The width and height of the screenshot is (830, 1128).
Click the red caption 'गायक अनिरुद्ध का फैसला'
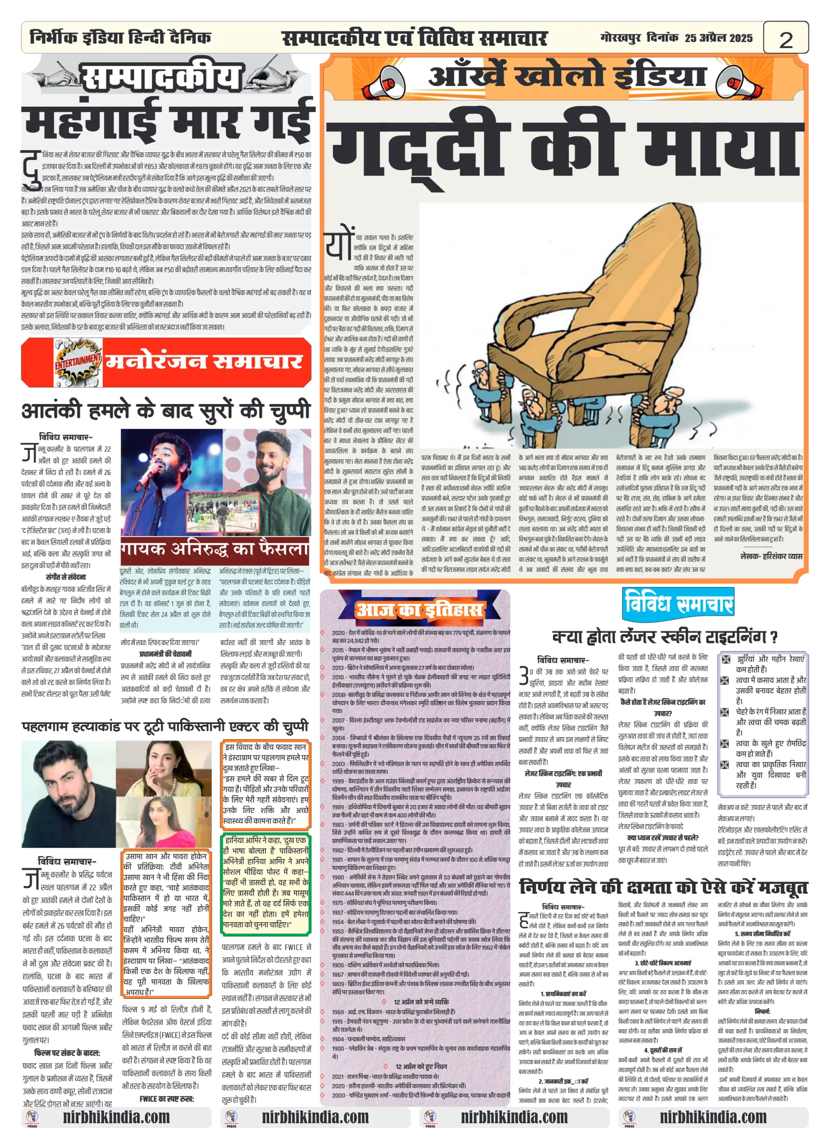pos(215,549)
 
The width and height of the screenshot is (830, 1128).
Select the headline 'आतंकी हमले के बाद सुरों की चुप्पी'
pos(166,411)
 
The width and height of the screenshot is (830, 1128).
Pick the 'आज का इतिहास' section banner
pos(418,609)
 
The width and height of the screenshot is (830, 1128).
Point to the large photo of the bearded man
pos(69,794)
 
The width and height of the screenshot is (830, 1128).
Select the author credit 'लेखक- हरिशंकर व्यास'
pos(771,556)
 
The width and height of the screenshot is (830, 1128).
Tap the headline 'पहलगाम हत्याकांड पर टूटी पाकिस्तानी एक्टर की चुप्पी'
pos(165,727)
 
